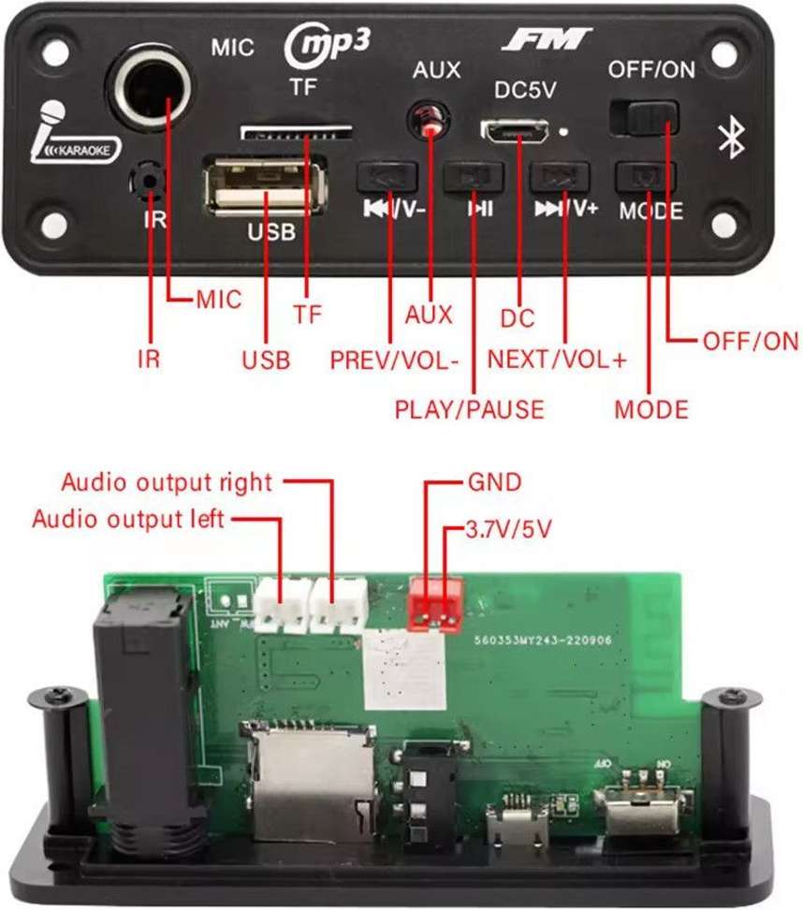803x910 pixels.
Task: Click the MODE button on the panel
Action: [x=646, y=175]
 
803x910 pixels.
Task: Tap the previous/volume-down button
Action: [x=387, y=174]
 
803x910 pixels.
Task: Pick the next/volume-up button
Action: [x=560, y=175]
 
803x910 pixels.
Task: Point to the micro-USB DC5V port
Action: [x=516, y=131]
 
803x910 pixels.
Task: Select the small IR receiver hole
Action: [x=145, y=177]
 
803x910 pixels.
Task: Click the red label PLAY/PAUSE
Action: [x=469, y=409]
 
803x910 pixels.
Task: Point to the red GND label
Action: [x=493, y=482]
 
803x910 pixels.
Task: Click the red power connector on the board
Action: [x=435, y=600]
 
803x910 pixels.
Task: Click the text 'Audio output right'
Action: [x=167, y=483]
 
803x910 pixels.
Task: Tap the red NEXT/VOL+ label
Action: [x=557, y=360]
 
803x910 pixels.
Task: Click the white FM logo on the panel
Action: [x=547, y=39]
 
